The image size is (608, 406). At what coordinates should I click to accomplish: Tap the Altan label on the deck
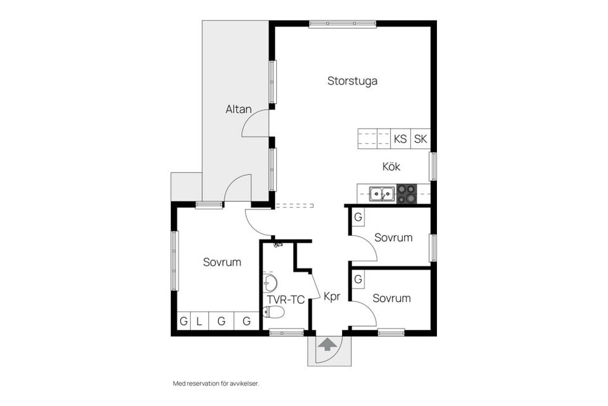click(238, 109)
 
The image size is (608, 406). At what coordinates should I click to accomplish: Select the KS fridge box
click(400, 139)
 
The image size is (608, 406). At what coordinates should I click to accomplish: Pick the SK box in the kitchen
click(421, 139)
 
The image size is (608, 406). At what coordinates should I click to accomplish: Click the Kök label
click(391, 167)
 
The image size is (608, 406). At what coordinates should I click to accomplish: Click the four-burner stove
click(407, 193)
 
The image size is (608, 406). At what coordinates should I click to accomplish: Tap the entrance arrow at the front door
click(327, 344)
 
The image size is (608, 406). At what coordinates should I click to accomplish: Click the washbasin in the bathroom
click(270, 282)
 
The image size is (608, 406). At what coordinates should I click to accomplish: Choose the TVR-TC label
click(286, 299)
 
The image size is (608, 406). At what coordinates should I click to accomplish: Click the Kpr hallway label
click(332, 296)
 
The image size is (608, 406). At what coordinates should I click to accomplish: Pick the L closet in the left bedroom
click(199, 321)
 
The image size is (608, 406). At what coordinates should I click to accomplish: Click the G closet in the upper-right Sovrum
click(358, 218)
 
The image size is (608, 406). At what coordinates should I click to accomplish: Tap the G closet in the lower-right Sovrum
click(358, 279)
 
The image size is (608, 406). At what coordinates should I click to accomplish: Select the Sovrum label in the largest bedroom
click(222, 262)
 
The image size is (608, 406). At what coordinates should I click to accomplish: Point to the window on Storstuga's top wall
click(343, 24)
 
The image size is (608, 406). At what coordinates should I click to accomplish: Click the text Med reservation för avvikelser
click(216, 383)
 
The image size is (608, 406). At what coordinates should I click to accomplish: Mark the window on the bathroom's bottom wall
click(286, 332)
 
